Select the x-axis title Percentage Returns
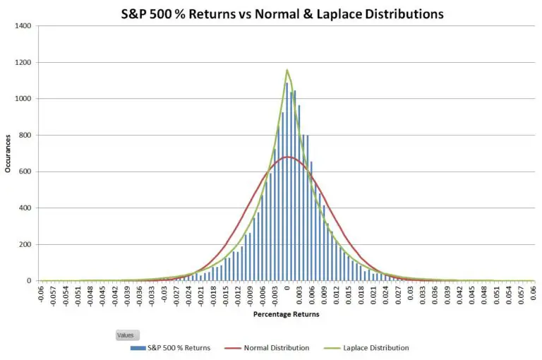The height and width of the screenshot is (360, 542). click(286, 314)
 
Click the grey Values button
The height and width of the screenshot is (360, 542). click(128, 335)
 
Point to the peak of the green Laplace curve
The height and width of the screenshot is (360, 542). click(287, 70)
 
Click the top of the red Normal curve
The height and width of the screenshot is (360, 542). click(287, 157)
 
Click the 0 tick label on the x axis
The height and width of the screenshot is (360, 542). click(287, 288)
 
